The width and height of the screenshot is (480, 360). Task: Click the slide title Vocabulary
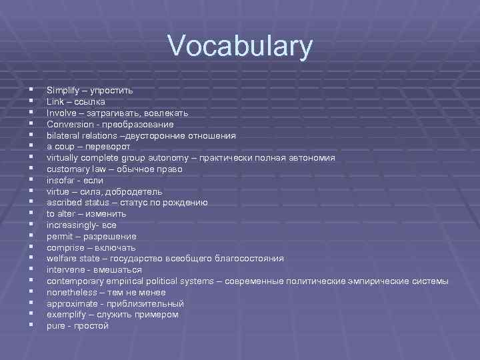240,47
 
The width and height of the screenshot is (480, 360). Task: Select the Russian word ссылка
90,101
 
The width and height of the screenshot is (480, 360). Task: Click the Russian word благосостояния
248,259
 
